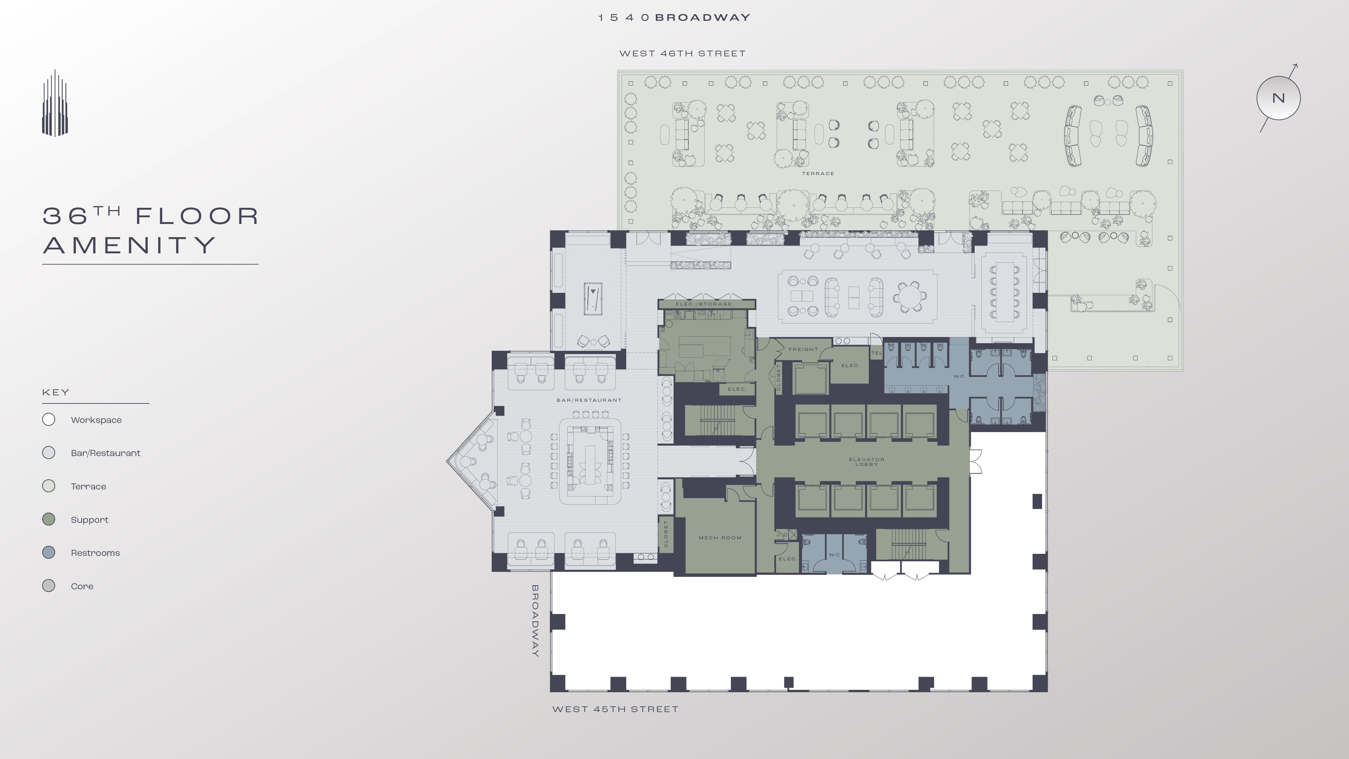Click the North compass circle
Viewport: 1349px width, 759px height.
(x=1278, y=98)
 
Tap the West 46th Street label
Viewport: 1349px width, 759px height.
(x=682, y=53)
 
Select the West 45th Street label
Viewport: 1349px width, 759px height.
(x=615, y=709)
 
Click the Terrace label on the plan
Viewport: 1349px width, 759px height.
(x=818, y=173)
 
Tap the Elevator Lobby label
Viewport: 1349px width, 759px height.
(x=867, y=461)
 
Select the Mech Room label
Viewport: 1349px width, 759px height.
(x=720, y=538)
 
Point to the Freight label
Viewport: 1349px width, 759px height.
(x=803, y=349)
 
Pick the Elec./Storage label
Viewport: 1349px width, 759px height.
(x=703, y=304)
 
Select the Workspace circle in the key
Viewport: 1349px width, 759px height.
(x=49, y=420)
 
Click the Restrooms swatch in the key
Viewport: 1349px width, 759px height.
(x=49, y=553)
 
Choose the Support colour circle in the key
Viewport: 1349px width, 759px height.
(x=49, y=519)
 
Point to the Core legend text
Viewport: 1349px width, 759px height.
(x=82, y=586)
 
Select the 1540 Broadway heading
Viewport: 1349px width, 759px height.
(x=674, y=17)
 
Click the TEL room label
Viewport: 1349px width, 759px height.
(x=877, y=353)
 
